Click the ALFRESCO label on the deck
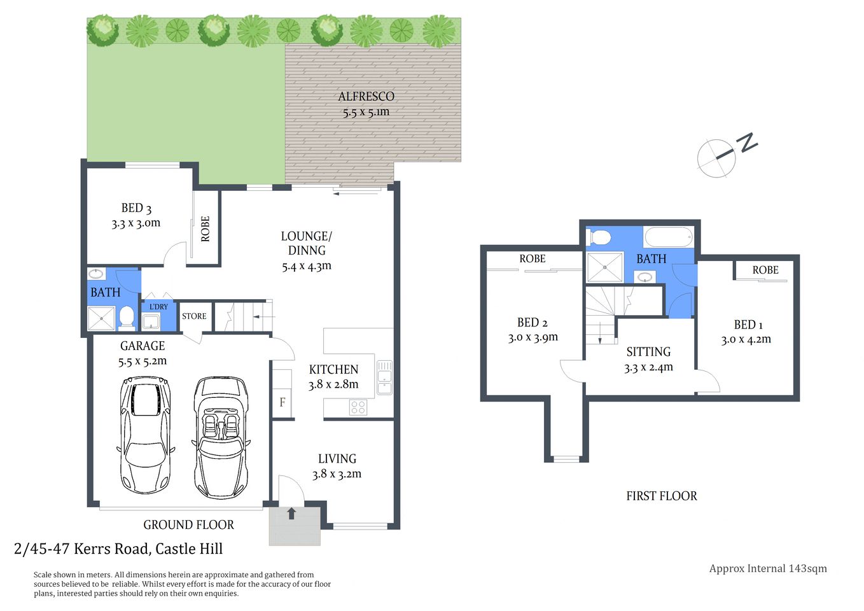pos(366,97)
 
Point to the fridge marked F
pos(282,402)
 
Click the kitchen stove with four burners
pos(358,407)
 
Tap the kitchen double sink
pos(384,377)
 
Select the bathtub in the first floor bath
pos(668,237)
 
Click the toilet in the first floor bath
pos(601,238)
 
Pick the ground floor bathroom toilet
pos(127,318)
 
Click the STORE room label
pos(194,316)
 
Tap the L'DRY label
pos(158,307)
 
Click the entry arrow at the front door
pos(291,513)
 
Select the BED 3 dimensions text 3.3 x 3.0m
pos(136,223)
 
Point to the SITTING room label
pos(648,352)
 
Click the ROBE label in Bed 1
pos(765,270)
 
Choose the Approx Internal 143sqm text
pos(768,568)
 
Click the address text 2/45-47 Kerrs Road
pos(118,549)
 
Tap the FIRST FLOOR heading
pos(661,496)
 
